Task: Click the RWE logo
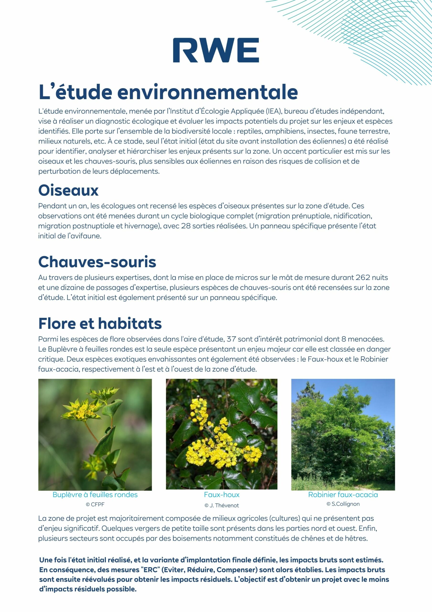click(x=216, y=50)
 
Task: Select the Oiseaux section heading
click(x=68, y=190)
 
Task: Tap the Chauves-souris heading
click(x=97, y=262)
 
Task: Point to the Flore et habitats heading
click(x=100, y=323)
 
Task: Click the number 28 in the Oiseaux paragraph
click(x=185, y=226)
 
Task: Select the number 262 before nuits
click(x=363, y=278)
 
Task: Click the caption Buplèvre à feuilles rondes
click(x=95, y=495)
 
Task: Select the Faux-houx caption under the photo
click(x=221, y=495)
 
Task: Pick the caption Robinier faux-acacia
click(x=343, y=495)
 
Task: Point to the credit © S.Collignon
click(x=343, y=504)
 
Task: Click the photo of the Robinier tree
click(x=343, y=434)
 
